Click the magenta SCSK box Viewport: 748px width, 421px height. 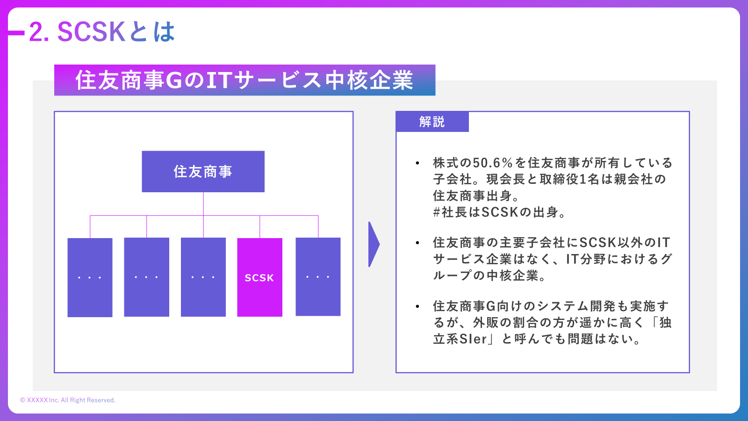pyautogui.click(x=259, y=277)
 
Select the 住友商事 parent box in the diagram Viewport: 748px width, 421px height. pyautogui.click(x=203, y=171)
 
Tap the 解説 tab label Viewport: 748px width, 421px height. pyautogui.click(x=432, y=122)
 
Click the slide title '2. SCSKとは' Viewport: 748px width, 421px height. pyautogui.click(x=102, y=32)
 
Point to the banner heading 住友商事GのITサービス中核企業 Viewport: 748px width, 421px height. pyautogui.click(x=245, y=80)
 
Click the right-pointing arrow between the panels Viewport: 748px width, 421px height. pyautogui.click(x=374, y=244)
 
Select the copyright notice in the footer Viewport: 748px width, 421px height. pyautogui.click(x=68, y=400)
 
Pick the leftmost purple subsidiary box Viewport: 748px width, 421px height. pyautogui.click(x=90, y=277)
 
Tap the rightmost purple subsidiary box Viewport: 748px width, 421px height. pyautogui.click(x=318, y=277)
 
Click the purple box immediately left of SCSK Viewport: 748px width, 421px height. pyautogui.click(x=203, y=277)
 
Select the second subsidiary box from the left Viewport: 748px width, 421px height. pyautogui.click(x=146, y=277)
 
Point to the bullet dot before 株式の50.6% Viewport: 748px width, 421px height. pyautogui.click(x=417, y=163)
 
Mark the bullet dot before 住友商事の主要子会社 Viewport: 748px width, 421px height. pyautogui.click(x=417, y=243)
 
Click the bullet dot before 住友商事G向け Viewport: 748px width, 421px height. pyautogui.click(x=417, y=306)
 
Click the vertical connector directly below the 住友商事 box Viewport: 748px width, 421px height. pyautogui.click(x=203, y=203)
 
